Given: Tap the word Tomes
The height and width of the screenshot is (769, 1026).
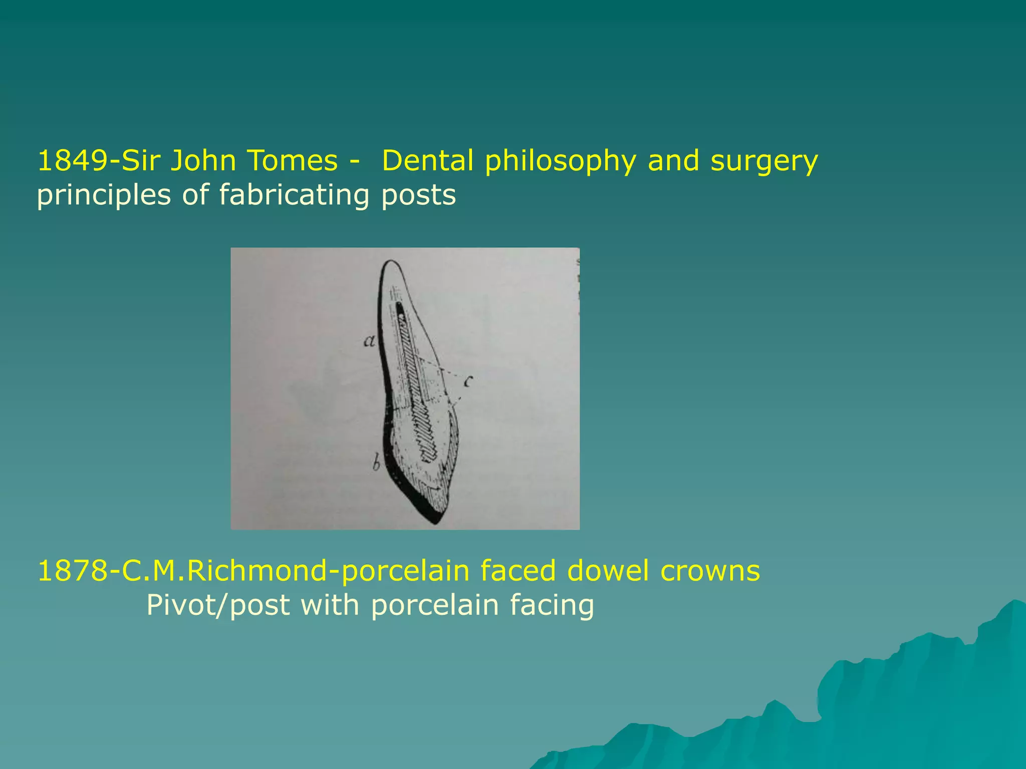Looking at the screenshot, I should [x=292, y=161].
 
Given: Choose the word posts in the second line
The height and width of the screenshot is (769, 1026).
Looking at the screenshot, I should [x=419, y=195].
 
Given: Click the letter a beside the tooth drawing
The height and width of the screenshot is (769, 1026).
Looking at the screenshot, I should [x=369, y=342].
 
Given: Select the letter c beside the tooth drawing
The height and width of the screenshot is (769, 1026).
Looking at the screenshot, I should [x=468, y=382].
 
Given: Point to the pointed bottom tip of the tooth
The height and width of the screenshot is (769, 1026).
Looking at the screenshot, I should [x=436, y=522].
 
